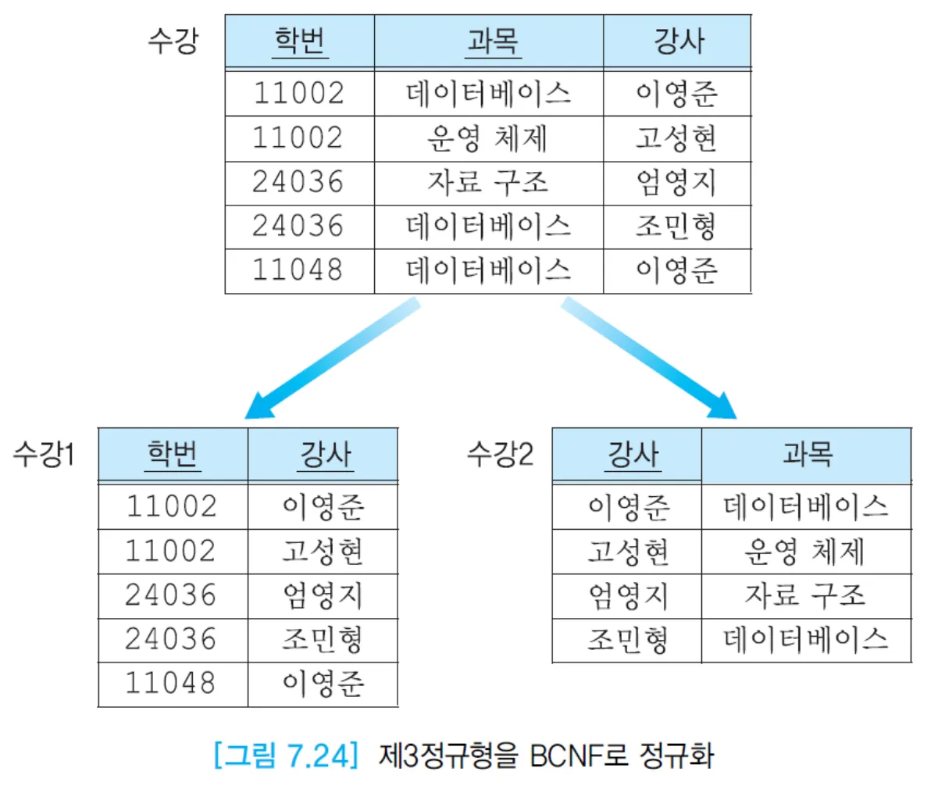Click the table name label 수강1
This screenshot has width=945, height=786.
[44, 454]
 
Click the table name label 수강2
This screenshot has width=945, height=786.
[500, 453]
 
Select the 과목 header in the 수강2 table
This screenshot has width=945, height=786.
[807, 454]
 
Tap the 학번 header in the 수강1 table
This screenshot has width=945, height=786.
[173, 454]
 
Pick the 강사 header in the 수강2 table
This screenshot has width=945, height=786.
[633, 454]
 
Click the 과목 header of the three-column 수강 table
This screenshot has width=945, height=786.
[492, 41]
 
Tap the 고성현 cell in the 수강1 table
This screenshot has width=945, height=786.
[323, 552]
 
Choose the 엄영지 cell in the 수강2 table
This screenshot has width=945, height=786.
[629, 595]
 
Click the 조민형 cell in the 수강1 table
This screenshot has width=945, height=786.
[323, 639]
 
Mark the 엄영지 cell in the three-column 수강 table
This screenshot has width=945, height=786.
[676, 182]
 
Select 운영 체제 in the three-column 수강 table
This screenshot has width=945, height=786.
[487, 138]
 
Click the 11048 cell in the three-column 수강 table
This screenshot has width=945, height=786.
[298, 270]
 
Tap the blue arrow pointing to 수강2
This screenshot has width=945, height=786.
[648, 359]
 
